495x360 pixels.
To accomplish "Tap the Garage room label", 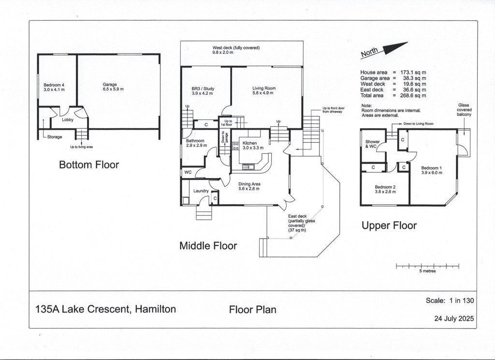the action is point(110,84).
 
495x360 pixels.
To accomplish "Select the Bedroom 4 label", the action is point(54,85).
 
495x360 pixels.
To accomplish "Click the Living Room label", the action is point(264,88).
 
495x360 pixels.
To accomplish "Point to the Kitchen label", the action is point(250,143).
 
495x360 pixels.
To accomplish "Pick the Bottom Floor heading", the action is point(89,165).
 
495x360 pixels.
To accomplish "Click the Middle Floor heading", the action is point(208,246).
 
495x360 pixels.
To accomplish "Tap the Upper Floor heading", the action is point(389,225).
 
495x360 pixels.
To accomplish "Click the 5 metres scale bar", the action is point(427,266).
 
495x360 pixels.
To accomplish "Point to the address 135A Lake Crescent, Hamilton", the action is point(106,309).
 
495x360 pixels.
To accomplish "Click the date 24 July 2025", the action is point(454,318).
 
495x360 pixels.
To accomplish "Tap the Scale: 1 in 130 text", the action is point(450,300).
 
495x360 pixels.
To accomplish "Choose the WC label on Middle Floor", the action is point(188,172).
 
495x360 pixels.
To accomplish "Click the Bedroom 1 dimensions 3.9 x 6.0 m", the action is point(432,173).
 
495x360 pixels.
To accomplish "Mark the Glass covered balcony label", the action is point(464,110).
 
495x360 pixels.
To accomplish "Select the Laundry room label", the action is point(201,191).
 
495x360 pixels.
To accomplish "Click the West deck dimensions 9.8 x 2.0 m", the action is point(223,52).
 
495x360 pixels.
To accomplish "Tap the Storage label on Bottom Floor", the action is point(55,137).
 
